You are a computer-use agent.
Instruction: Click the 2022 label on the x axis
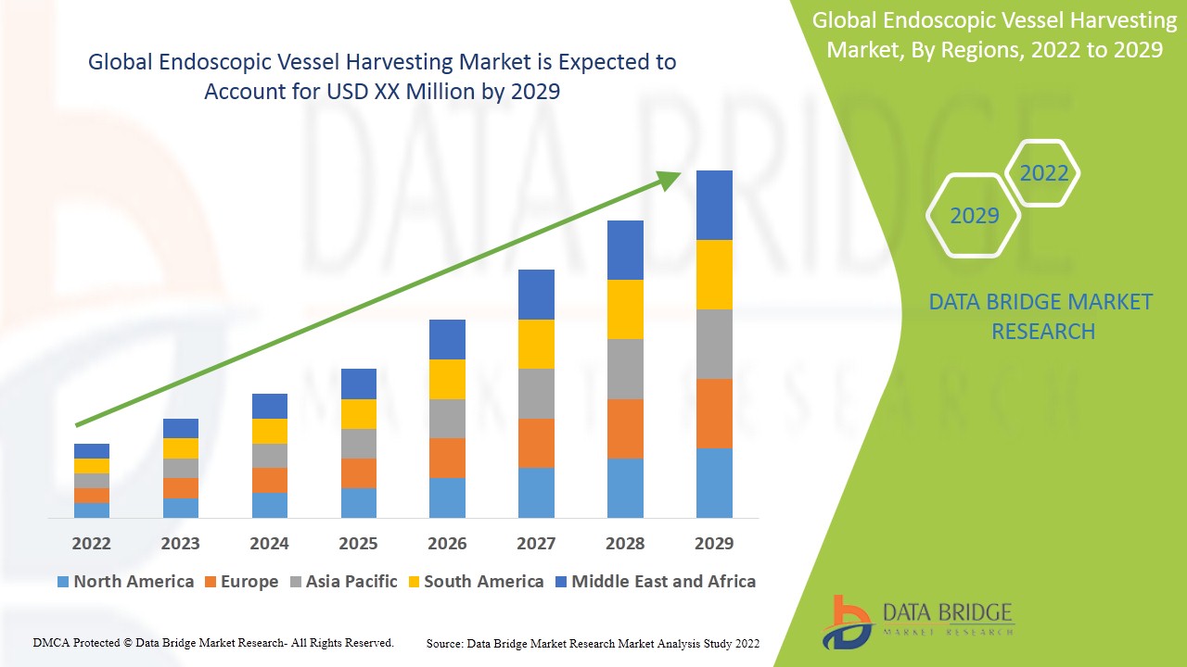click(91, 543)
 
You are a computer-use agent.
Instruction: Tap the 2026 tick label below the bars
click(447, 543)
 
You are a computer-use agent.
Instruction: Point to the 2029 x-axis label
click(714, 543)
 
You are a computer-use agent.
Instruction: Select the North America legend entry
click(125, 582)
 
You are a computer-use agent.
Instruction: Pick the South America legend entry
click(475, 582)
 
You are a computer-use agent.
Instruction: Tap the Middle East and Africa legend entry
click(655, 582)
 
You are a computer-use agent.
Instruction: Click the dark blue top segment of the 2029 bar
click(714, 205)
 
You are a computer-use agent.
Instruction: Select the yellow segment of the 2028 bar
click(625, 309)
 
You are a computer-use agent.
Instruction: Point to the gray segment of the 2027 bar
click(536, 394)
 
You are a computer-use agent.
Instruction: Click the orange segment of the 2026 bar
click(447, 458)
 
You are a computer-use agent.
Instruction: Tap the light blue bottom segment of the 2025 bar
click(359, 502)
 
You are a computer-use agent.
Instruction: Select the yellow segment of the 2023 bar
click(181, 448)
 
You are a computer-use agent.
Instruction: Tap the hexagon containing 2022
click(1043, 173)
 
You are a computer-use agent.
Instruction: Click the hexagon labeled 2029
click(974, 216)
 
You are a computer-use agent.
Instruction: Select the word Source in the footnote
click(444, 643)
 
